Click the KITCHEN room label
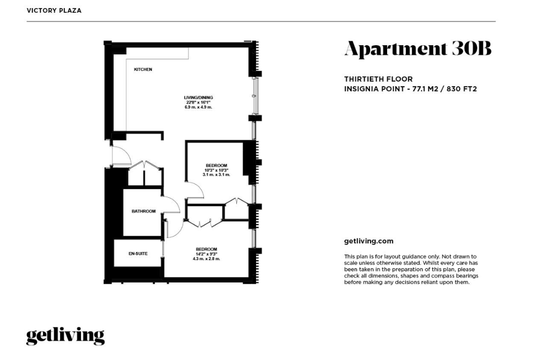tap(143, 69)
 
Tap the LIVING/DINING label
tap(198, 98)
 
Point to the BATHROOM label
tap(143, 211)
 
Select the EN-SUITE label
tap(138, 254)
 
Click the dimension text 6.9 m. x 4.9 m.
tap(198, 107)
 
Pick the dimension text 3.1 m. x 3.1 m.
tap(216, 175)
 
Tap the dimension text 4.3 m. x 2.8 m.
tap(206, 259)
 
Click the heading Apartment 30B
tap(418, 49)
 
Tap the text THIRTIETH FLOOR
tap(379, 79)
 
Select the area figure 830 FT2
tap(462, 89)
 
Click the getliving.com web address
tap(369, 241)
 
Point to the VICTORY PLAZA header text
tap(54, 11)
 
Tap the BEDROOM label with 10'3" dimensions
tap(216, 166)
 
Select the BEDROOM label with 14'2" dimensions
tap(206, 249)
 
